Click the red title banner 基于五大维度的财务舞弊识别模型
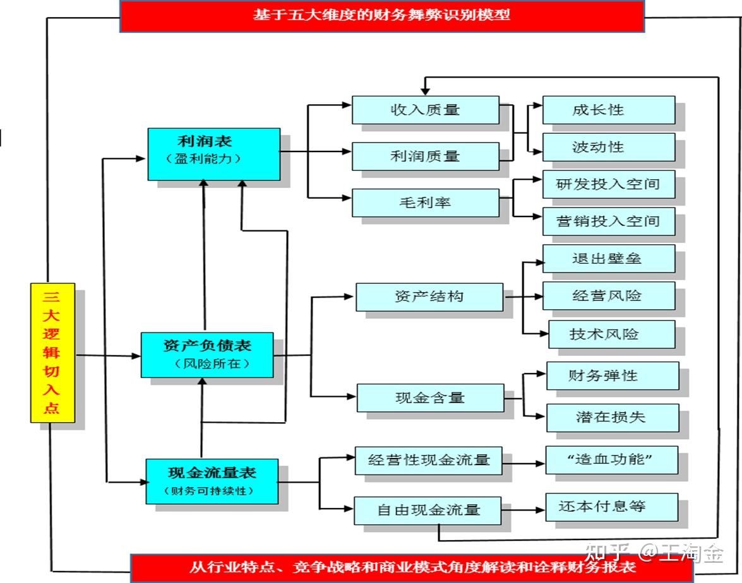[x=381, y=15]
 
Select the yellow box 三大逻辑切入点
[x=52, y=353]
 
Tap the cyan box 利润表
[x=213, y=153]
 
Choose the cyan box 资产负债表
[x=207, y=355]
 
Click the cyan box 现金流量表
[x=212, y=481]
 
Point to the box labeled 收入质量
[x=425, y=110]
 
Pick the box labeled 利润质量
[x=425, y=155]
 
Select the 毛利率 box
[x=425, y=203]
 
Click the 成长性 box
[x=608, y=110]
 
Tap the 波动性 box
[x=608, y=147]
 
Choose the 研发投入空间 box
[x=608, y=184]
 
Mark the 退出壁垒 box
[x=608, y=258]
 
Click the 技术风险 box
[x=611, y=334]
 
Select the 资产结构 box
[x=429, y=297]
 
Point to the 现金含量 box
[x=430, y=397]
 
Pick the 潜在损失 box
[x=612, y=417]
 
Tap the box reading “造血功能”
[x=611, y=460]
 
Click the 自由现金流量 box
[x=428, y=510]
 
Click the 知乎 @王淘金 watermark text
[x=654, y=553]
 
